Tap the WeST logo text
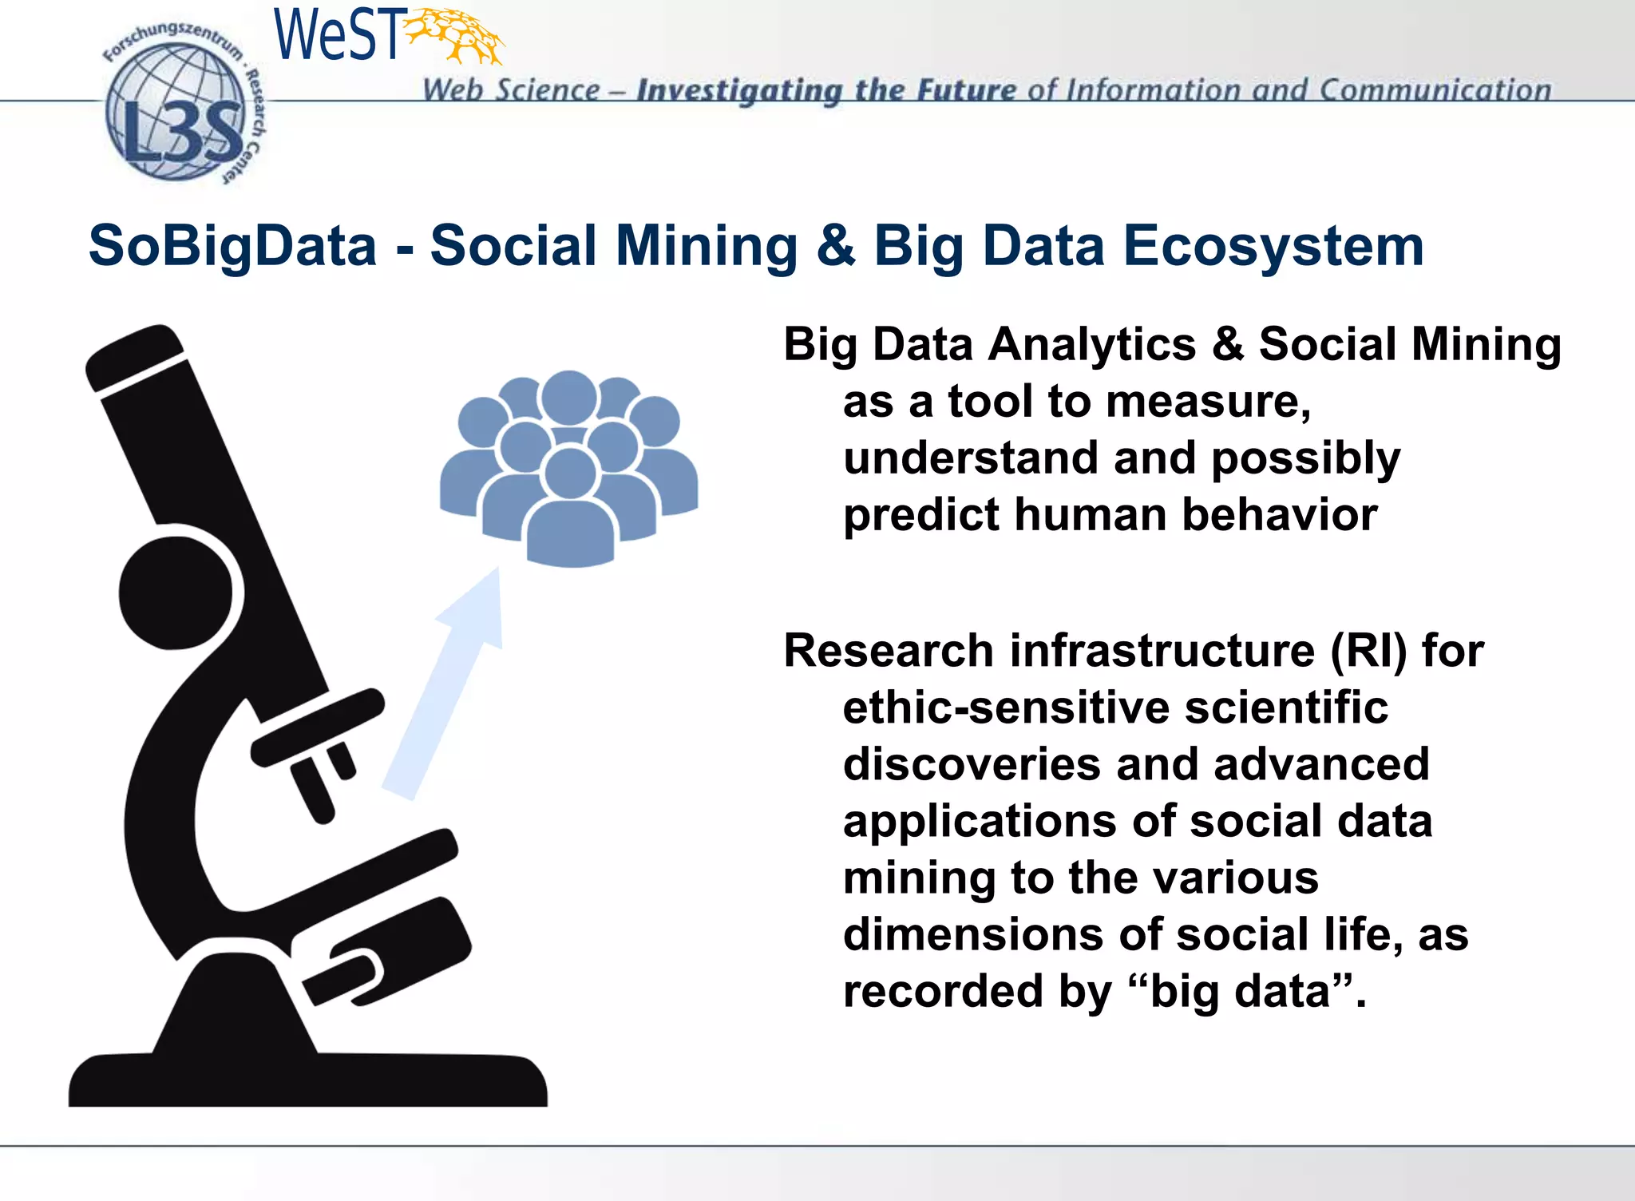(x=336, y=36)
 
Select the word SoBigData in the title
(x=232, y=245)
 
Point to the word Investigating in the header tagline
(x=738, y=90)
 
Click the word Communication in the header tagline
(x=1435, y=89)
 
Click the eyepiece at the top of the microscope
(x=134, y=357)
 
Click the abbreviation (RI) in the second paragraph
(x=1368, y=651)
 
